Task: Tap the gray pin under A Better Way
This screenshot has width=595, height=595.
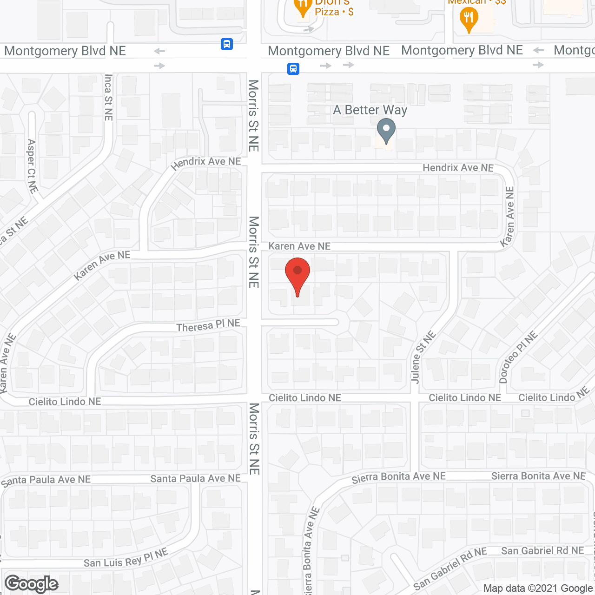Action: point(386,130)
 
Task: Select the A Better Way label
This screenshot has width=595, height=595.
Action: point(370,110)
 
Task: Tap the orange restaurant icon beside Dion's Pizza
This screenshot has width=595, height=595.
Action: point(303,7)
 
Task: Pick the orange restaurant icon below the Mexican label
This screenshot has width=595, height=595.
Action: point(469,20)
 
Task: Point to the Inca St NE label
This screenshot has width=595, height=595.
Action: point(108,97)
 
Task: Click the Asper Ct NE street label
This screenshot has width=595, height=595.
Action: point(32,165)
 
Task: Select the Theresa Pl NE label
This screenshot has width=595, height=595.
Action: point(208,326)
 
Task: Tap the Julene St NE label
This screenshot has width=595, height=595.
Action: point(423,357)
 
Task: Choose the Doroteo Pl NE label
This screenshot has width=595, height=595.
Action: point(517,357)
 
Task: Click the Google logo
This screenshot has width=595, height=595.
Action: point(32,584)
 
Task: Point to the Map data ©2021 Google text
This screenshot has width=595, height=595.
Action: point(538,588)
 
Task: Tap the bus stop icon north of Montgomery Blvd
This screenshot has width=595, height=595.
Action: point(227,44)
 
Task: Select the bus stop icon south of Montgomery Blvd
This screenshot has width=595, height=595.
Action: point(293,69)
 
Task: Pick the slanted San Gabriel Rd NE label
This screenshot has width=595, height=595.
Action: point(450,568)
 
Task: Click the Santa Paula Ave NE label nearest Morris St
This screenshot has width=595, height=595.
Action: point(195,479)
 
